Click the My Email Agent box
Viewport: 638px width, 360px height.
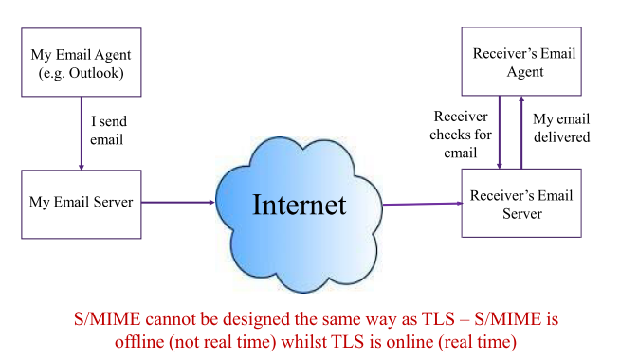point(81,62)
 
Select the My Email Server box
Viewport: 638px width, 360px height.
point(81,202)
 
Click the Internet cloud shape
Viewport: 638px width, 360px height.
point(299,204)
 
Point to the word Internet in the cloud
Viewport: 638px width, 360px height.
point(299,204)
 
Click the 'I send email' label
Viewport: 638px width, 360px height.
point(107,131)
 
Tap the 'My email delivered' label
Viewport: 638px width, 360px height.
point(560,128)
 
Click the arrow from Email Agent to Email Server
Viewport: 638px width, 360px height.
point(82,132)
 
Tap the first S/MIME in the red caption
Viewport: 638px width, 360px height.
point(104,317)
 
